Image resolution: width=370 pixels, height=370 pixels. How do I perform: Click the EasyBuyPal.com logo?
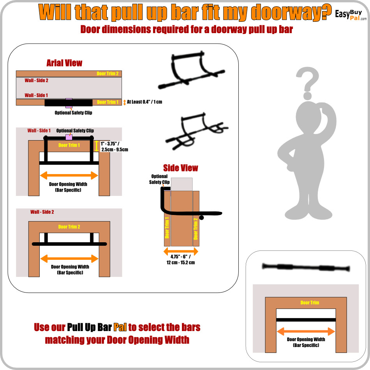(351, 15)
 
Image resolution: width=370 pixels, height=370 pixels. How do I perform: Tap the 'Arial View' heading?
(64, 63)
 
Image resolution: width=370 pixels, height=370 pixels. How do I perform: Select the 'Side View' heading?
(180, 168)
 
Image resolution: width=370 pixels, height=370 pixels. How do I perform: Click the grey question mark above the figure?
(307, 83)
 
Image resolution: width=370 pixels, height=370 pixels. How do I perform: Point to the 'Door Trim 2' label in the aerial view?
(107, 74)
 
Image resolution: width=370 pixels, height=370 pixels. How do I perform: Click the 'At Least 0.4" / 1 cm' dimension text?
(144, 102)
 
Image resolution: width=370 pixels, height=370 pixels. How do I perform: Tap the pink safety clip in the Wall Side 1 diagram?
(69, 137)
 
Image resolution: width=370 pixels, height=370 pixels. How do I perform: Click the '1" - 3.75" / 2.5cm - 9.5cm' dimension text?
(115, 146)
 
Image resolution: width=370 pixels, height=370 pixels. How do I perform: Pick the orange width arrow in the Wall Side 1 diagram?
(69, 176)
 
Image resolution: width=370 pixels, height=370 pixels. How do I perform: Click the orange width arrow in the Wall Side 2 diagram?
(69, 259)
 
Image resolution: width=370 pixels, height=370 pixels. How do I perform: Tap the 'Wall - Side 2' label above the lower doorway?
(42, 212)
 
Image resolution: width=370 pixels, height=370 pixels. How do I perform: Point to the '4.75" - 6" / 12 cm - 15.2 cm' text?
(181, 259)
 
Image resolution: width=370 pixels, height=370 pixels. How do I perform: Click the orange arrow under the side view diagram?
(181, 251)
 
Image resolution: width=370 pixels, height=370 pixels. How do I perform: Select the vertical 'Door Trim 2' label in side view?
(196, 229)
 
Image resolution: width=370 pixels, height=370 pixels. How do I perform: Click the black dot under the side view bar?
(201, 218)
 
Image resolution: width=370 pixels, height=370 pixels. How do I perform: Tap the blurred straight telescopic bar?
(306, 267)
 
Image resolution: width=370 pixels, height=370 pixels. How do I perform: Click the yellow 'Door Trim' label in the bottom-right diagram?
(310, 303)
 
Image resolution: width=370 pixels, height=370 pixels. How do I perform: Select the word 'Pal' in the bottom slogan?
(120, 327)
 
